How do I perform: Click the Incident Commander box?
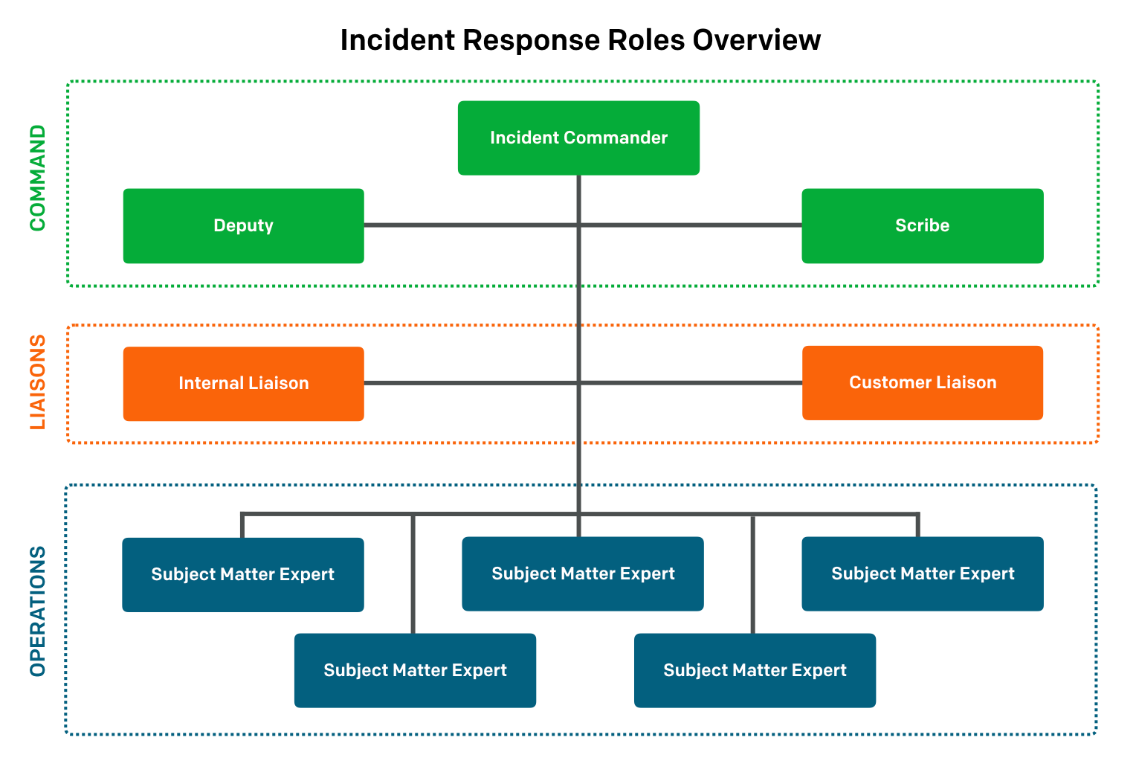click(578, 138)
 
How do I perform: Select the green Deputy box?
click(243, 226)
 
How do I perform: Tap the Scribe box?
click(922, 226)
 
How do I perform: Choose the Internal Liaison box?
click(243, 384)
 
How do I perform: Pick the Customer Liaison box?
click(922, 383)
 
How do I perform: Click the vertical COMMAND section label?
click(37, 178)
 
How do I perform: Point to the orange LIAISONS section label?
click(37, 382)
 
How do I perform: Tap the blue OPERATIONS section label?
click(37, 611)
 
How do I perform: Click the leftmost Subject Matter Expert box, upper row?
click(243, 575)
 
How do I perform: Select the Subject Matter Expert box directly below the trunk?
click(582, 574)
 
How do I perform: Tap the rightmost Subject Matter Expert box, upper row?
click(922, 574)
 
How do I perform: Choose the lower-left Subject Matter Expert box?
click(415, 671)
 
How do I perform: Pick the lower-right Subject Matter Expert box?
click(755, 671)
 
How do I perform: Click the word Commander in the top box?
click(615, 138)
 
